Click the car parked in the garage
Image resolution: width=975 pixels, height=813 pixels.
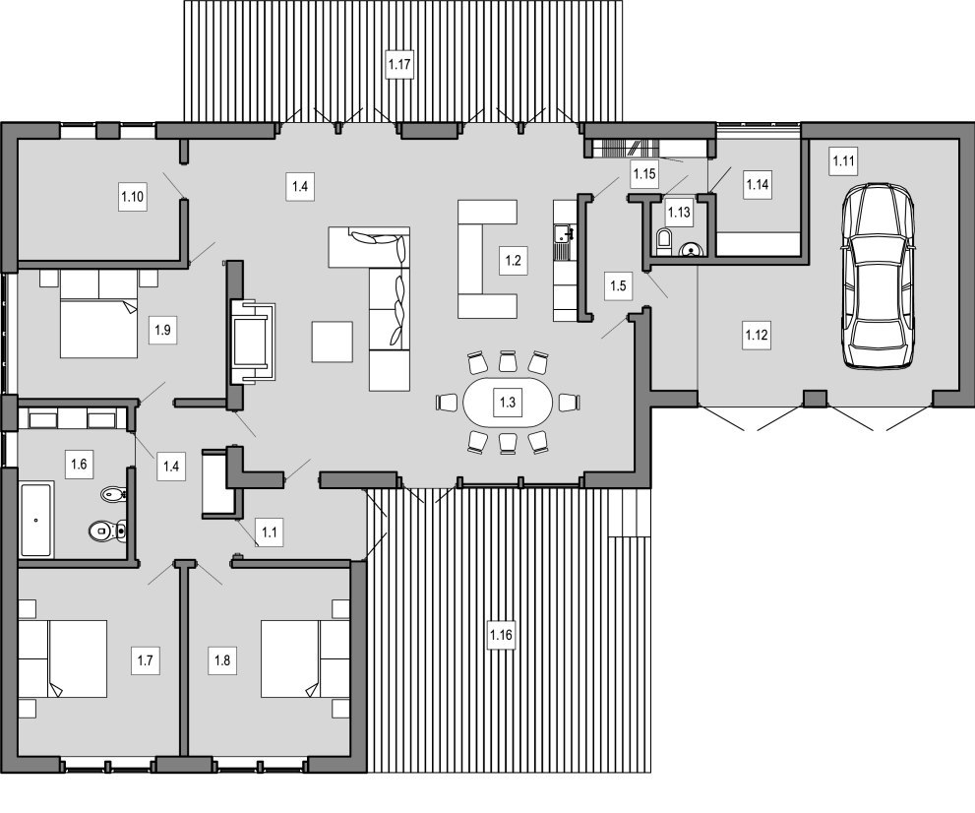pos(878,277)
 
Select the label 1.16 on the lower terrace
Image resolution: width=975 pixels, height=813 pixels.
pos(501,635)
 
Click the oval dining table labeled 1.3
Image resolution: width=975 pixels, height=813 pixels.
pos(508,403)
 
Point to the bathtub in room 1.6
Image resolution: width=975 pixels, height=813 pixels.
pos(36,520)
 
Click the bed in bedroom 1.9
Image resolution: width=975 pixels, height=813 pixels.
pos(98,314)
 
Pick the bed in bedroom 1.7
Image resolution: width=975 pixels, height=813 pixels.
pos(62,658)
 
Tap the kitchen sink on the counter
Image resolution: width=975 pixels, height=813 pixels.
pos(565,234)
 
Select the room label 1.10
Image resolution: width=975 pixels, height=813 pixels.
pos(133,197)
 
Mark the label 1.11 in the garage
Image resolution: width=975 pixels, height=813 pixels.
pos(843,161)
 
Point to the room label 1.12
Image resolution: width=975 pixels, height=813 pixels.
pos(757,336)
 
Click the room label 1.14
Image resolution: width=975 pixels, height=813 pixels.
pos(758,184)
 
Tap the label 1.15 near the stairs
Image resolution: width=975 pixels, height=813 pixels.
pos(644,174)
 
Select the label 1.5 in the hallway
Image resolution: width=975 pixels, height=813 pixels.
pos(618,286)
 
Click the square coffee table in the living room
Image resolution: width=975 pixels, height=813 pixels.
pos(332,342)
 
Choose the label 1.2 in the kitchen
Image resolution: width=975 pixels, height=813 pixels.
pos(513,261)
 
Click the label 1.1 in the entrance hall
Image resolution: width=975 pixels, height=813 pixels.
pos(270,532)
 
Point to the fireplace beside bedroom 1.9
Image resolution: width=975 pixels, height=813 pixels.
pos(252,342)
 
